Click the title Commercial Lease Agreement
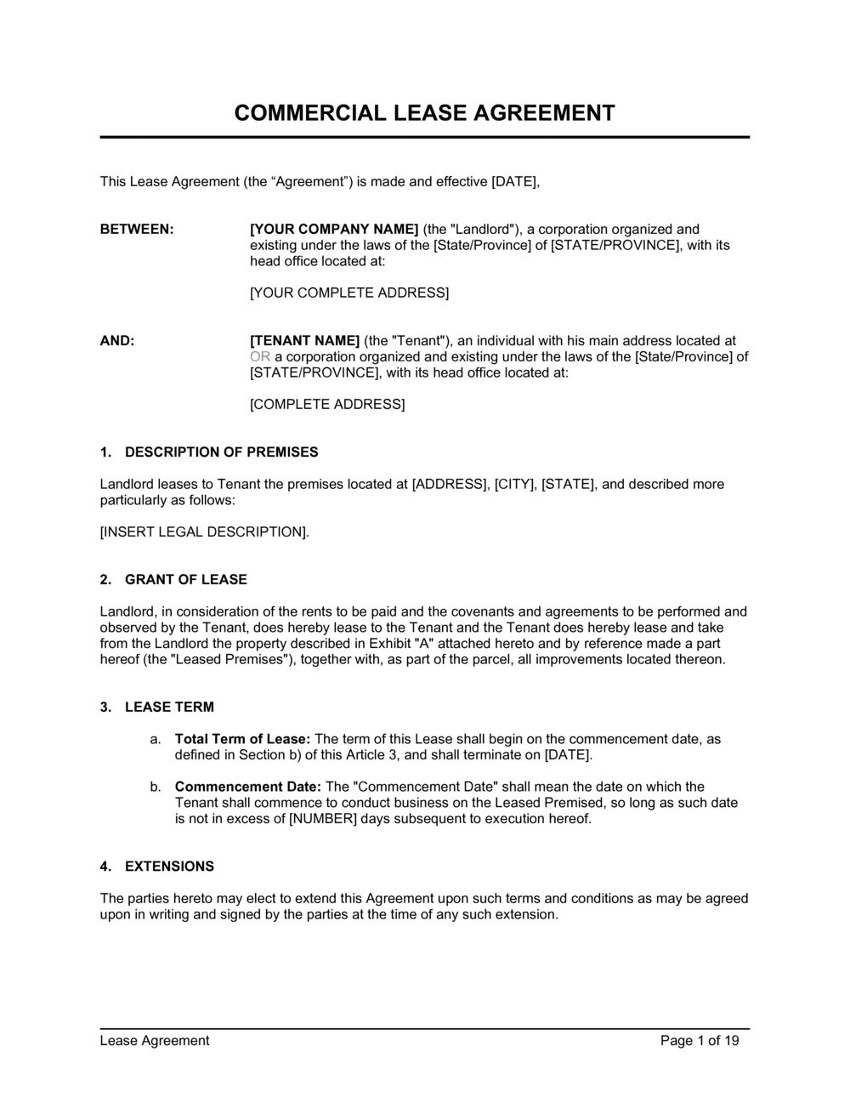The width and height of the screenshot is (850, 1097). (x=424, y=113)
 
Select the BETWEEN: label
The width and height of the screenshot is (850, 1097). (x=137, y=229)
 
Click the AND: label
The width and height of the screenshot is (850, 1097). (x=117, y=340)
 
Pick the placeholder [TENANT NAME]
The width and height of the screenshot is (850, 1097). (x=305, y=340)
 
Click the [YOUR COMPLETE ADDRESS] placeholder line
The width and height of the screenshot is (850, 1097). (x=349, y=293)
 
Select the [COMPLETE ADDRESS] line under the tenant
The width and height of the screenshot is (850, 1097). (x=327, y=404)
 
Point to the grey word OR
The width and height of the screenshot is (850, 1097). (x=259, y=356)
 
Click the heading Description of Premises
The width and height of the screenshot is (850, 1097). (x=221, y=452)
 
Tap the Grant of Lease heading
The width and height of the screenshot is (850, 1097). (x=185, y=579)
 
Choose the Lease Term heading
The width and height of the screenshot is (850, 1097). (x=169, y=707)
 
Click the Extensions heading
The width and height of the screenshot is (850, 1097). (x=169, y=866)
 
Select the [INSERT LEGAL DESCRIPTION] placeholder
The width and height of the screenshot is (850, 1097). (x=204, y=531)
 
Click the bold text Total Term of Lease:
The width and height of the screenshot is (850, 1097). (x=242, y=739)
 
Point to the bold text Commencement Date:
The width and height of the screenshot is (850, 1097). (x=247, y=787)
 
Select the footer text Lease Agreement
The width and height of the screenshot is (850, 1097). (x=155, y=1040)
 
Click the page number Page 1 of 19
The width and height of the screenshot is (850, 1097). (x=700, y=1040)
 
